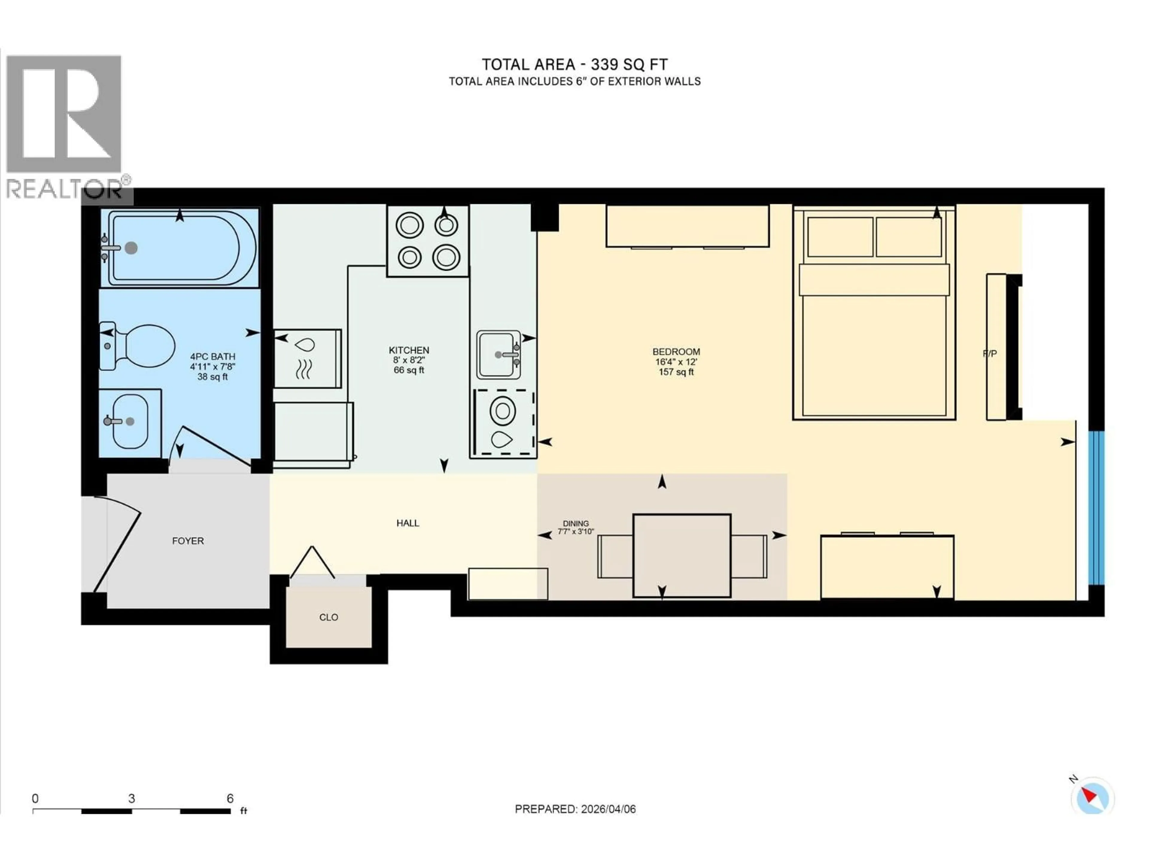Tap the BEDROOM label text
(x=676, y=352)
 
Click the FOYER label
(x=188, y=541)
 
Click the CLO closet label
(x=328, y=617)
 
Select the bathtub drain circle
(x=131, y=248)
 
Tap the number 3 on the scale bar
(x=131, y=799)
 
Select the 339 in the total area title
(x=604, y=64)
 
